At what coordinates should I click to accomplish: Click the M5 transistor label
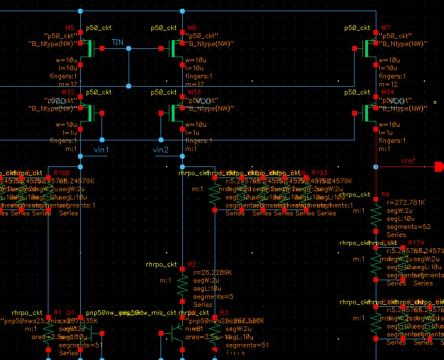click(70, 28)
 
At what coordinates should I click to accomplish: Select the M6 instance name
click(192, 28)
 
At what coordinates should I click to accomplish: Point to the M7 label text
click(385, 28)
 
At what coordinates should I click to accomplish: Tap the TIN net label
click(118, 43)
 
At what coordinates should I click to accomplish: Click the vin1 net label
click(101, 150)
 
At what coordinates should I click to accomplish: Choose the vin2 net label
click(161, 150)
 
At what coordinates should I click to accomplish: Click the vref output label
click(408, 161)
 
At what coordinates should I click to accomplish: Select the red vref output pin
click(439, 167)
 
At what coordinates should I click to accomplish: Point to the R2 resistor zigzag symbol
click(182, 285)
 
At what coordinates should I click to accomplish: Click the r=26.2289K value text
click(212, 272)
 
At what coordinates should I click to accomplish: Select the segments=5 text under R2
click(207, 297)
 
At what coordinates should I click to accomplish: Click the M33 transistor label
click(194, 92)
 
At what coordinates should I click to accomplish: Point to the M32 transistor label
click(68, 92)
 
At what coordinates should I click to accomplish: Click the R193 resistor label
click(319, 173)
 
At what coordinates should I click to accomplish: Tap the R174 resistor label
click(416, 242)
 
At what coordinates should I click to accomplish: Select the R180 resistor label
click(61, 173)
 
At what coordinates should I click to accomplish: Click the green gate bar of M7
click(366, 48)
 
